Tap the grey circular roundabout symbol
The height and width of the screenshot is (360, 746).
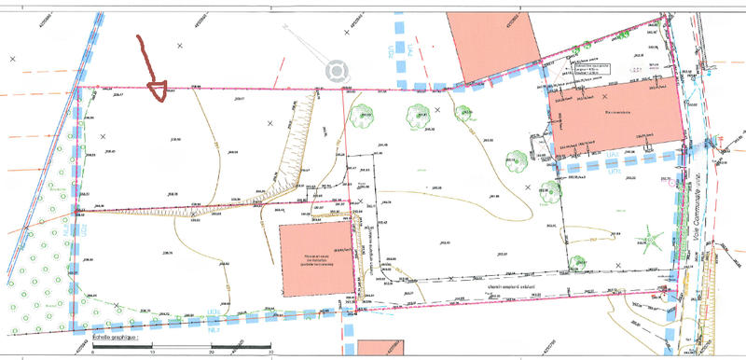pos(335,70)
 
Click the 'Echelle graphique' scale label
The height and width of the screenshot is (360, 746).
pos(117,337)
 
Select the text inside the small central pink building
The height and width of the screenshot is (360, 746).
pos(316,260)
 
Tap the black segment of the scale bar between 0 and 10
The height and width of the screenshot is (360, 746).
pos(122,347)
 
